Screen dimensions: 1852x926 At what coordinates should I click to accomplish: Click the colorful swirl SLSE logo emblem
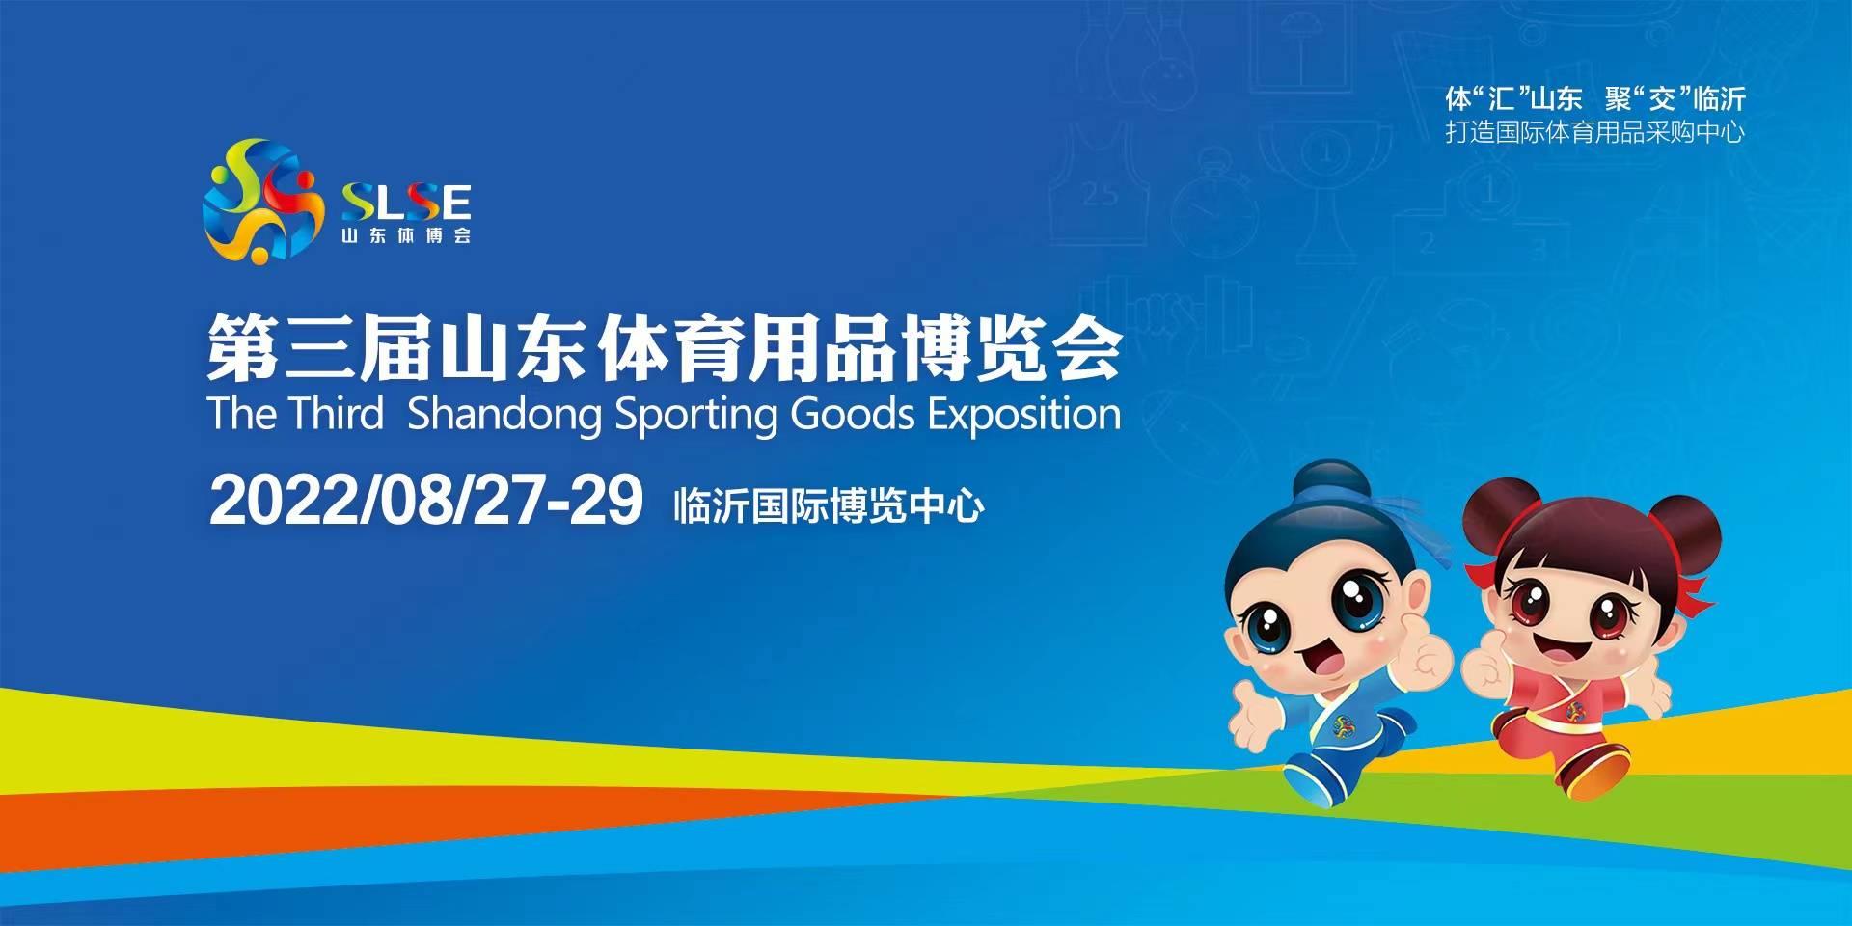coord(262,201)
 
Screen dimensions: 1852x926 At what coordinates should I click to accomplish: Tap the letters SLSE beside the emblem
coord(406,203)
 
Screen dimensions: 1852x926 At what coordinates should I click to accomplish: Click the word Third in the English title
coord(337,413)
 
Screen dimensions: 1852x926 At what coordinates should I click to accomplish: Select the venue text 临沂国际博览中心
coord(829,505)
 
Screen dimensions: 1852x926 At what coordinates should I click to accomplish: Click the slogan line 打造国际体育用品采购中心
coord(1594,132)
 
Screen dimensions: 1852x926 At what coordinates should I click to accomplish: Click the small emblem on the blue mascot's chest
coord(1342,723)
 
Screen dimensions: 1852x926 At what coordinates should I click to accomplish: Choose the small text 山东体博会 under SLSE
coord(406,235)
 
